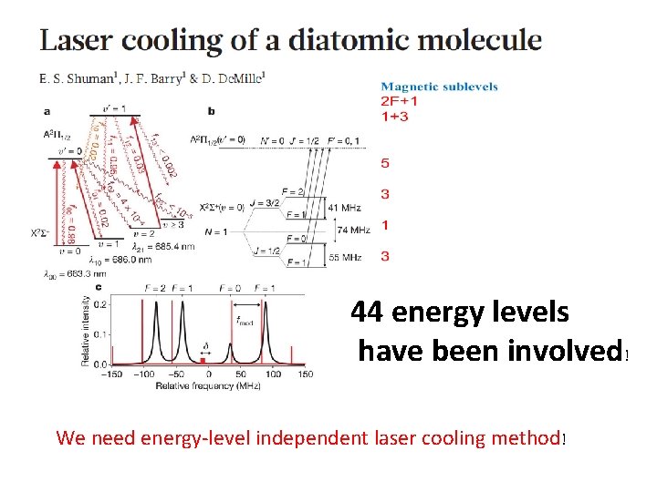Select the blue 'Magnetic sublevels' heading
coord(439,87)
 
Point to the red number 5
coord(385,164)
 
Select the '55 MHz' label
coord(345,258)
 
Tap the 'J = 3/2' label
coord(267,202)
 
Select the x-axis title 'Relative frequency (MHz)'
coord(207,387)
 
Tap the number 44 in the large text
coord(369,313)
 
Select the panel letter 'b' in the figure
coord(211,111)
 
